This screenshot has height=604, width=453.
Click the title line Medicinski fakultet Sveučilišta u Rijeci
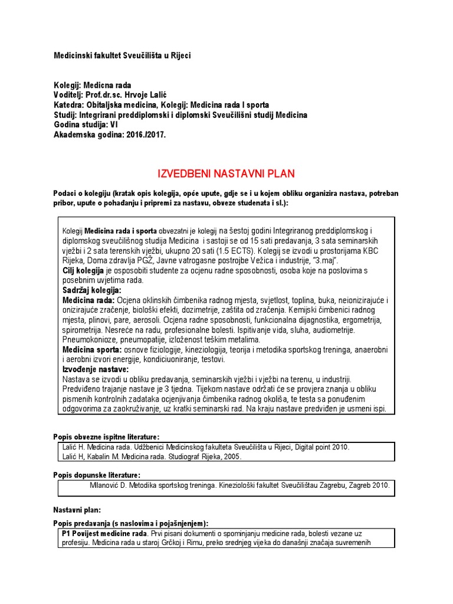[123, 55]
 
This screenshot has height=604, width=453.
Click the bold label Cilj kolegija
[84, 270]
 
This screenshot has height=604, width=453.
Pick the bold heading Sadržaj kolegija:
[91, 290]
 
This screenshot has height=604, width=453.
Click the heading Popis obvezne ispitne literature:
[106, 436]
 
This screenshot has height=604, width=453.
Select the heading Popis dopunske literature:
[97, 475]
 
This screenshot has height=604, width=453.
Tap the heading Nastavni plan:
[77, 508]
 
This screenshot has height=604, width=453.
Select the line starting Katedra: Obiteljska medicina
[161, 105]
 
